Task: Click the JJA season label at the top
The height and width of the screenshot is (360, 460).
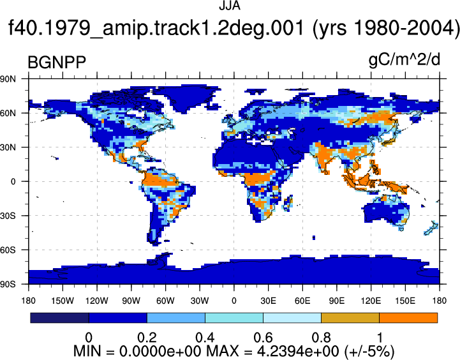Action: pos(230,6)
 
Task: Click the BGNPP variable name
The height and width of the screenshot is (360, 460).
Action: pos(57,62)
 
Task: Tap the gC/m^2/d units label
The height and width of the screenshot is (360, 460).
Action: pos(404,61)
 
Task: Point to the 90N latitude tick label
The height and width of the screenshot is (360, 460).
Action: pos(8,79)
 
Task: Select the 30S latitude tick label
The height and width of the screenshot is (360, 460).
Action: pos(8,216)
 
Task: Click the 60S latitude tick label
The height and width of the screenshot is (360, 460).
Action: pos(8,250)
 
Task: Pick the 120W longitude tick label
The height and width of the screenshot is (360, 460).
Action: pos(97,301)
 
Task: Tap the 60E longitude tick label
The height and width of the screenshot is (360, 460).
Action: pos(302,301)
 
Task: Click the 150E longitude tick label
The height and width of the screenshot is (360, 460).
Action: pos(405,301)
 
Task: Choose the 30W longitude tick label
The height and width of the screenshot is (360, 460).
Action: pos(200,301)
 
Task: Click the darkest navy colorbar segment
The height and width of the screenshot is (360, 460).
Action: pos(59,318)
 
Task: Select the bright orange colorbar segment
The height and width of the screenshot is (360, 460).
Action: pos(408,318)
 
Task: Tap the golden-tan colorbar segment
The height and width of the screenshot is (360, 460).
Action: pos(350,318)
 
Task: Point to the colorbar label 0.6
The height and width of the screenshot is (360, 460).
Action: pos(263,338)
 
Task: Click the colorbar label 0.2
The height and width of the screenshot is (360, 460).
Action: pos(147,338)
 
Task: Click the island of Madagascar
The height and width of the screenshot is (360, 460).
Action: pos(288,203)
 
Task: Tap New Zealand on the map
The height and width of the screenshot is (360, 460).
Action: pos(431,229)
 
